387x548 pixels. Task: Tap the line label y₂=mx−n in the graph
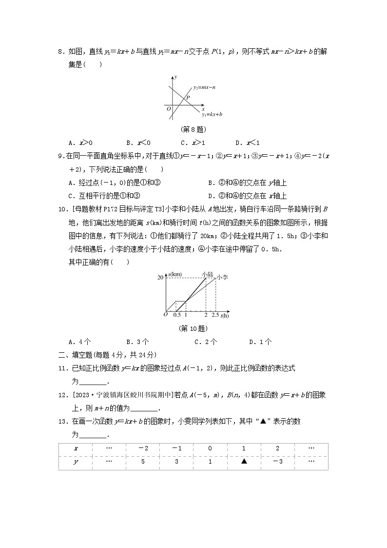coord(204,88)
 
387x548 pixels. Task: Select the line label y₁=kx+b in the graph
coord(212,114)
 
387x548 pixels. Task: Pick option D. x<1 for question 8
coord(247,143)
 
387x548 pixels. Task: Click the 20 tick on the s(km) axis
coord(159,278)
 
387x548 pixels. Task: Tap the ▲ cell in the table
coord(244,461)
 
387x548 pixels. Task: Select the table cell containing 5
coord(142,461)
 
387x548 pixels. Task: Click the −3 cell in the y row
coord(277,461)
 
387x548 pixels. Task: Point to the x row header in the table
coord(75,448)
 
